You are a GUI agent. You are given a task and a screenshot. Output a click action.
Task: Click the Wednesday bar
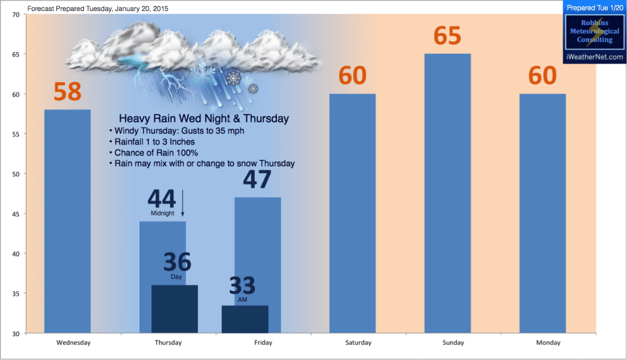point(67,221)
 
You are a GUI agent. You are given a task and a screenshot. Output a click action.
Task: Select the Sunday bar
point(448,193)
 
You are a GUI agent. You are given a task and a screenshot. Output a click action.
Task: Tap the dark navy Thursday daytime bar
point(175,309)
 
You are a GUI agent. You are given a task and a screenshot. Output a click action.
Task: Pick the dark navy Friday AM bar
point(245,319)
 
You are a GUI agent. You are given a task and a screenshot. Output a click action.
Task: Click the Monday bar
point(543,214)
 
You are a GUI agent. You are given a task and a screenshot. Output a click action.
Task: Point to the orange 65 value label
point(448,36)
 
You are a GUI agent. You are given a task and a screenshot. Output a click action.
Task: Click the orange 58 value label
point(67,91)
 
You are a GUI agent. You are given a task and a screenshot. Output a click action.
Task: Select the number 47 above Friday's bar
point(257,179)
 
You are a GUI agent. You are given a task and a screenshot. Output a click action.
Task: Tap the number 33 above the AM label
point(242,285)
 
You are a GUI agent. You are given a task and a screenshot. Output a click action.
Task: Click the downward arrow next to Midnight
point(182,203)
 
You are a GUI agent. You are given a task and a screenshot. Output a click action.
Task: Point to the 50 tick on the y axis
point(15,174)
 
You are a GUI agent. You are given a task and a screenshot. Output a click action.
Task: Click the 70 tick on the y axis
point(15,15)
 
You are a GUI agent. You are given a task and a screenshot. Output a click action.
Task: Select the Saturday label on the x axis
point(358,342)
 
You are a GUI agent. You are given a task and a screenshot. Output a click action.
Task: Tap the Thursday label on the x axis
point(168,342)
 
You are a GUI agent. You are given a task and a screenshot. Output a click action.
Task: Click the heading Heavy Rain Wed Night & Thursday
point(204,118)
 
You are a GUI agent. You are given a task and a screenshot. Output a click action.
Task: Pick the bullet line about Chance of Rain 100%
point(154,153)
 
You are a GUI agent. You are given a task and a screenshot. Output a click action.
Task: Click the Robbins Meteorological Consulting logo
point(595,32)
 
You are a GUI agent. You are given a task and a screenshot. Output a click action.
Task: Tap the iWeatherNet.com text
point(595,57)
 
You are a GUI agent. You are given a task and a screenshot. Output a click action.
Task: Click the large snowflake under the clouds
point(233,78)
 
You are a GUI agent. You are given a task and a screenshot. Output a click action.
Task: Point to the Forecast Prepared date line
point(97,9)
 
